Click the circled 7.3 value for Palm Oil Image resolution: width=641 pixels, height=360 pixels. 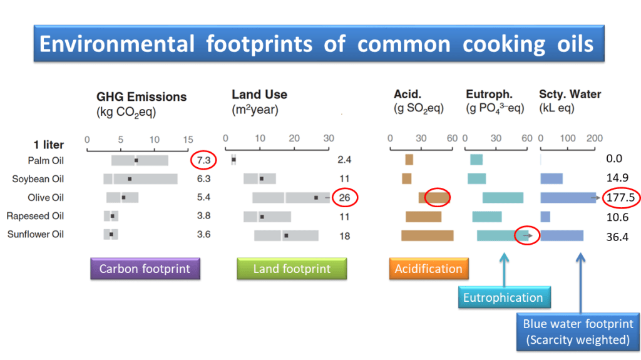pyautogui.click(x=203, y=160)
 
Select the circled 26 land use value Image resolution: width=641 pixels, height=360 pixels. pyautogui.click(x=345, y=198)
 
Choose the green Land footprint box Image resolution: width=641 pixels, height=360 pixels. pyautogui.click(x=292, y=269)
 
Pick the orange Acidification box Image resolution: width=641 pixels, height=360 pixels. pyautogui.click(x=428, y=269)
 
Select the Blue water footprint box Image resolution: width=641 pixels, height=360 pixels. pyautogui.click(x=578, y=332)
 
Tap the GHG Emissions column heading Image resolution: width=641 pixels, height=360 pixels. pyautogui.click(x=141, y=97)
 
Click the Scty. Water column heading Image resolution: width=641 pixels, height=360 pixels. pyautogui.click(x=570, y=95)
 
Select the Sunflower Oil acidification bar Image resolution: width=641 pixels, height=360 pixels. pyautogui.click(x=427, y=235)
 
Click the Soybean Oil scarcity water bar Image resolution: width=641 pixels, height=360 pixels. pyautogui.click(x=551, y=179)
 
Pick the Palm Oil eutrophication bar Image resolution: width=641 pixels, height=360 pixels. pyautogui.click(x=476, y=160)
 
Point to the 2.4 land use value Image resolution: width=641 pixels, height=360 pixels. pyautogui.click(x=344, y=160)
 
